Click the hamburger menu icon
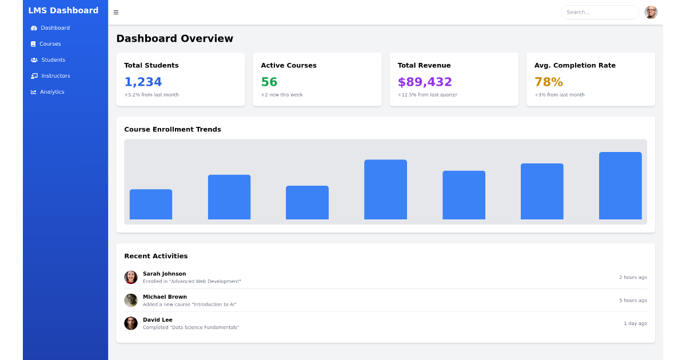116,13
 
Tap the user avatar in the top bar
651,13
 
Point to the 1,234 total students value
143,82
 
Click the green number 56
269,82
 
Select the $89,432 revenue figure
425,82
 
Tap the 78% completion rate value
548,82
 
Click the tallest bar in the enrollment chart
620,186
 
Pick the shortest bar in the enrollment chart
151,205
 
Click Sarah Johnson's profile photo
131,278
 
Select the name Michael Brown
165,297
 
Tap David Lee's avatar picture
131,323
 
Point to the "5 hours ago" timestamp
633,301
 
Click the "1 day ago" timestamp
635,323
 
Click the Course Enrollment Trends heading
173,130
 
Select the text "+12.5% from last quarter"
427,95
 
